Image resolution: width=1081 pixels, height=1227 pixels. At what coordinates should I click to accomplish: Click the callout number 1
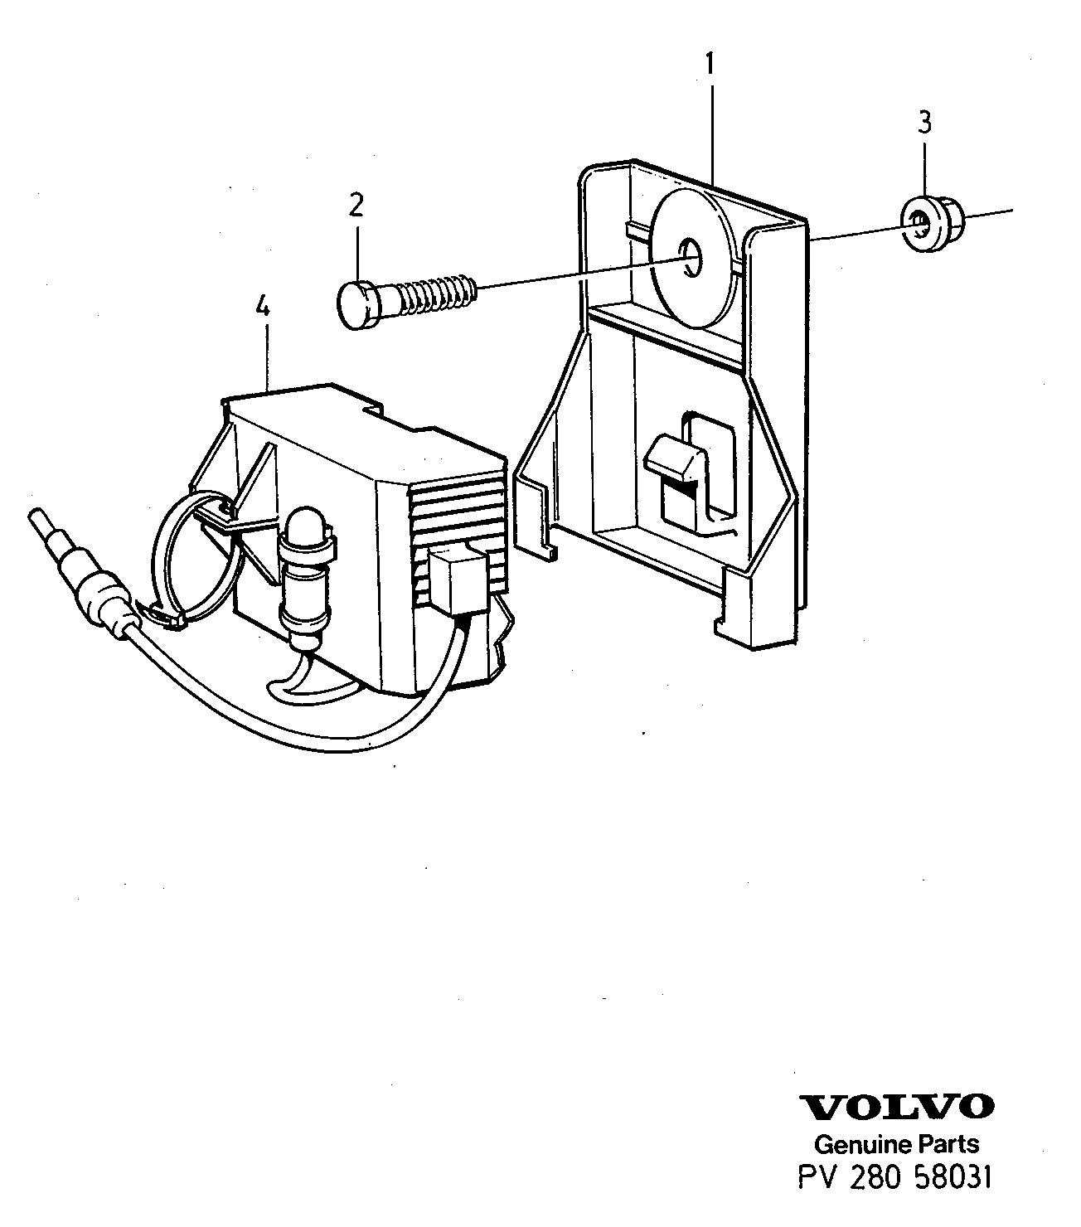[x=710, y=64]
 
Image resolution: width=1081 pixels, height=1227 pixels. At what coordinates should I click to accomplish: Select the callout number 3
[x=924, y=123]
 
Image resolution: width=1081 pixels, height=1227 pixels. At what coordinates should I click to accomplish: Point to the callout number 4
[x=263, y=307]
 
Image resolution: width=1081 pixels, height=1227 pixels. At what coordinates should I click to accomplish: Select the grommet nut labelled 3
[x=930, y=223]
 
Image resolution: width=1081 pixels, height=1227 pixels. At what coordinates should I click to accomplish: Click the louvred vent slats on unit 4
[x=458, y=533]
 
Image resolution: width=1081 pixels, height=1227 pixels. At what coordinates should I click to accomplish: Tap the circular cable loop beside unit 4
[x=196, y=556]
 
